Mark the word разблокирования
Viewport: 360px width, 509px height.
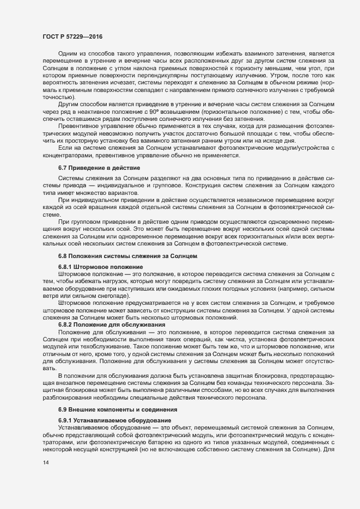(x=67, y=397)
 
